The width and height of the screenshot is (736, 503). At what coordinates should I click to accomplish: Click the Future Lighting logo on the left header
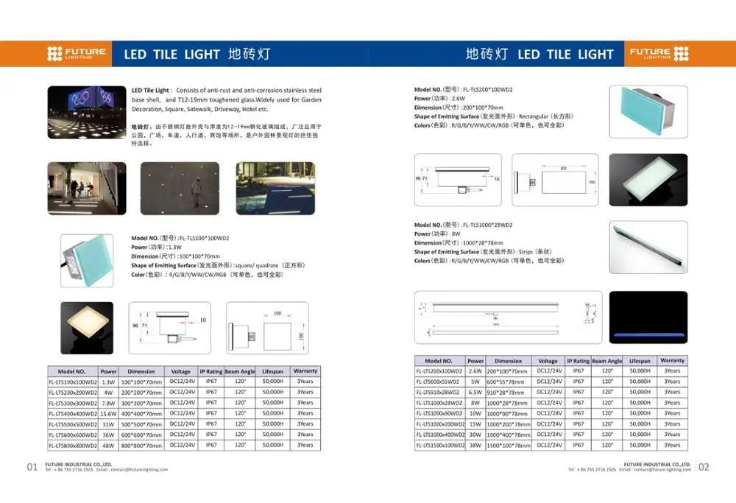(x=77, y=54)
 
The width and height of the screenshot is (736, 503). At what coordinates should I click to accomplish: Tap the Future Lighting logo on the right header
(x=659, y=54)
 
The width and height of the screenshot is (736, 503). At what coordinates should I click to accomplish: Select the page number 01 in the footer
(x=32, y=467)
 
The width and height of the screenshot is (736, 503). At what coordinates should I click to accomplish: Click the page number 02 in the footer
(x=704, y=467)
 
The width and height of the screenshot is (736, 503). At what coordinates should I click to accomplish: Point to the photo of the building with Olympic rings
(x=83, y=108)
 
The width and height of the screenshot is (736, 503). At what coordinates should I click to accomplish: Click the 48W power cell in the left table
(x=109, y=446)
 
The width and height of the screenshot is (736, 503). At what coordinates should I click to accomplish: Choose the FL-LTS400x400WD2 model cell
(x=72, y=414)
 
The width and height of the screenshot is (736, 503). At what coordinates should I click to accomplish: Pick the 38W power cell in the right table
(x=475, y=446)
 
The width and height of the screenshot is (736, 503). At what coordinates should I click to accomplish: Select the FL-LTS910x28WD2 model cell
(x=439, y=393)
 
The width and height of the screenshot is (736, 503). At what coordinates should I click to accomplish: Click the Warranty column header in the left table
(x=305, y=371)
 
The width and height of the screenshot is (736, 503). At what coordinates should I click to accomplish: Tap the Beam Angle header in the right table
(x=607, y=361)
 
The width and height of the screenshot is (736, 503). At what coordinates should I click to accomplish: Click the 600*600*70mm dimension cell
(x=141, y=435)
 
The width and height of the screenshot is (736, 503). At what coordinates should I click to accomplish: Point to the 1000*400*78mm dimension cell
(x=509, y=435)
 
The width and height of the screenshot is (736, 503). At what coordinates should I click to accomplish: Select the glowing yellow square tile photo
(x=87, y=328)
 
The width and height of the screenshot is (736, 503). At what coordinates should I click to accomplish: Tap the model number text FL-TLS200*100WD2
(x=487, y=89)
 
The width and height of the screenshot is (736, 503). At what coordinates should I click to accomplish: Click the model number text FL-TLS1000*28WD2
(x=487, y=225)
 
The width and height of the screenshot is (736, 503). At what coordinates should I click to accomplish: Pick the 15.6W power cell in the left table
(x=109, y=414)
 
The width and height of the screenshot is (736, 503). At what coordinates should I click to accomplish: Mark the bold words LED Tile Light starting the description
(x=152, y=90)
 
